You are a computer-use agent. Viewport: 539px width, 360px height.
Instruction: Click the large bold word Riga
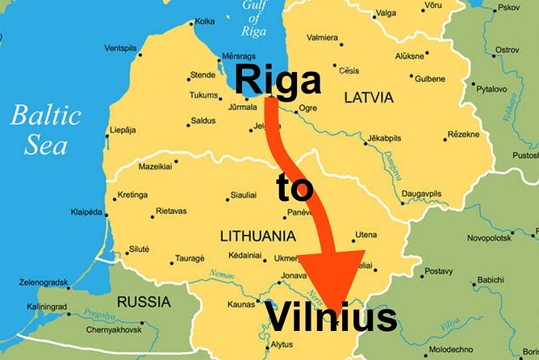point(278,80)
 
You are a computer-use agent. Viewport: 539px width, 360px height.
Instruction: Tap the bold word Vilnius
point(331,317)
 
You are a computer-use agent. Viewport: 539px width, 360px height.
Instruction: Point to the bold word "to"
point(295,188)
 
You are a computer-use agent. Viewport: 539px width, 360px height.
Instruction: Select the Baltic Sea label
point(45,129)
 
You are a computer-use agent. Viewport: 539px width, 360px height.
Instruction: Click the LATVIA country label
point(369,98)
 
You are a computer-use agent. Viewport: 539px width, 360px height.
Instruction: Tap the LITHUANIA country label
point(257,237)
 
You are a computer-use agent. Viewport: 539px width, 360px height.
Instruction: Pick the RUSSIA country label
point(144,302)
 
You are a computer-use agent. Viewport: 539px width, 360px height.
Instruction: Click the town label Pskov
point(509,7)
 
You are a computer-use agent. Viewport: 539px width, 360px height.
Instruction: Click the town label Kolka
point(205,21)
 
